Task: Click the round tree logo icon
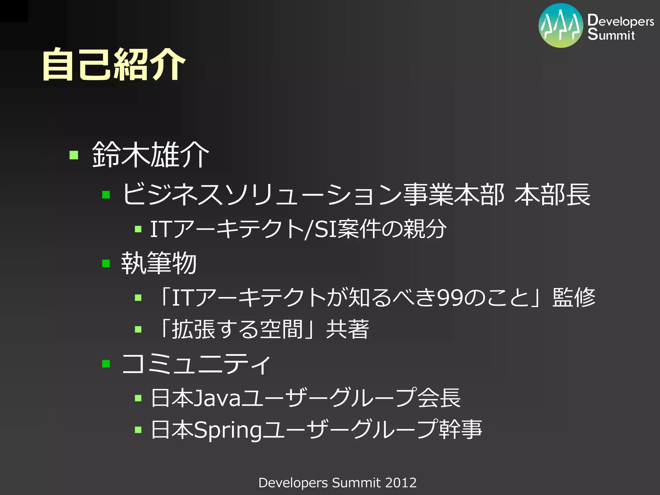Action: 561,25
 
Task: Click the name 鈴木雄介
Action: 150,155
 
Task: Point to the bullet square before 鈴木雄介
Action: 74,155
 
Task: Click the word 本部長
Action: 552,195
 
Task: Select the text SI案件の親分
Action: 380,229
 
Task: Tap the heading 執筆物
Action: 159,263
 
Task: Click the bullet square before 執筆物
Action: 106,264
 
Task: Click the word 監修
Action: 574,297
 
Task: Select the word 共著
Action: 347,329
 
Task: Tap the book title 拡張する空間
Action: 237,329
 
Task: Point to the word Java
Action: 218,398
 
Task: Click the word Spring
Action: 228,430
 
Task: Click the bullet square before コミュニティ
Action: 106,364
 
